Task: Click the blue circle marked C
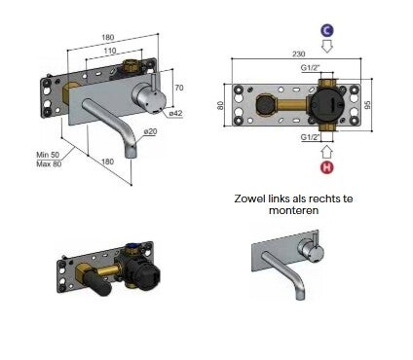click(x=327, y=30)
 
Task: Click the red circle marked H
click(x=327, y=167)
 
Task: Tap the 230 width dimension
click(x=298, y=54)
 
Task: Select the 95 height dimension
click(x=367, y=105)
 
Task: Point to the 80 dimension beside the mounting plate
click(x=220, y=105)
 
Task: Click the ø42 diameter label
click(x=176, y=113)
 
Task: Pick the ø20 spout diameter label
click(x=150, y=131)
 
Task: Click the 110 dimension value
click(x=110, y=51)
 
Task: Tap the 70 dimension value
click(x=179, y=88)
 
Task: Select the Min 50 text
click(x=48, y=155)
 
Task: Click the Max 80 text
click(x=49, y=163)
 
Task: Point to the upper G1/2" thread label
click(x=310, y=67)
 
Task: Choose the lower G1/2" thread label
click(x=310, y=137)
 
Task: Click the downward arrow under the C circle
click(x=327, y=47)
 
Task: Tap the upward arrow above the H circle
click(x=327, y=151)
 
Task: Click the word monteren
click(x=293, y=210)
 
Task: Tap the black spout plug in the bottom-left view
click(x=97, y=284)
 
